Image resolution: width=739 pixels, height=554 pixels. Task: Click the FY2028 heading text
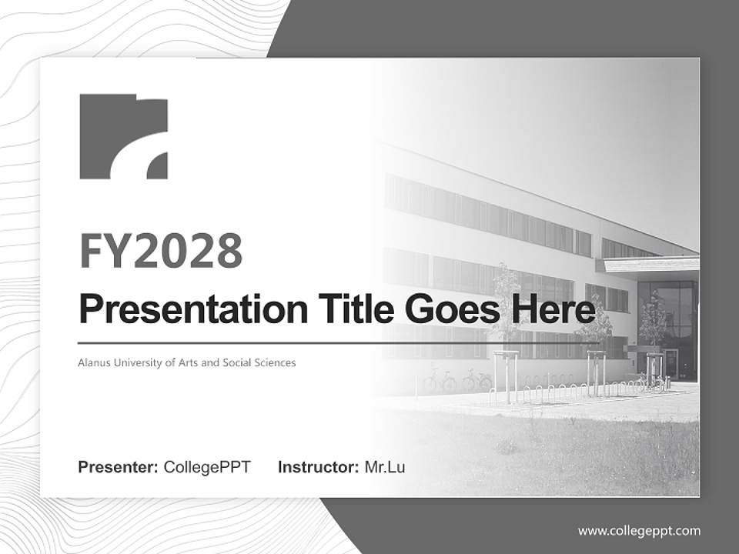(161, 251)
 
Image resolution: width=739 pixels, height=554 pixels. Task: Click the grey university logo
(123, 136)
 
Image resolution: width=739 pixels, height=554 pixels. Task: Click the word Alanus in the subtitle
(92, 362)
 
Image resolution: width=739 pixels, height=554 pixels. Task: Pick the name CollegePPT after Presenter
(207, 467)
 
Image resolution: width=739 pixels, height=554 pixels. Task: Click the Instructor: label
(318, 467)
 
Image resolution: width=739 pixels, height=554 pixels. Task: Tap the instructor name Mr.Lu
(385, 467)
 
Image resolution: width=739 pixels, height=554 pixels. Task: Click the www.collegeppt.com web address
(639, 531)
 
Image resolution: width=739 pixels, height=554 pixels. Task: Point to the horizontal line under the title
(308, 342)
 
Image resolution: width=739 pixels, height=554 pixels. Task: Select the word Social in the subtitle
(241, 362)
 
